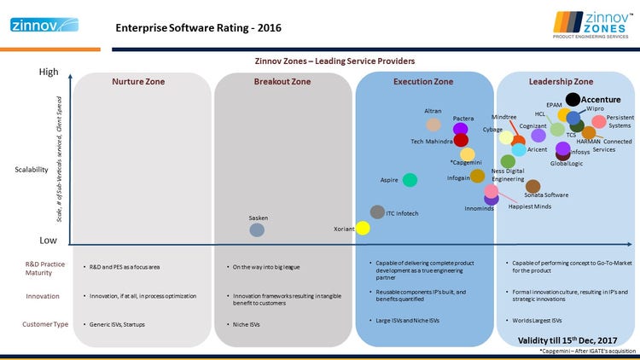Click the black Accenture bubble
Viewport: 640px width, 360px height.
pos(573,101)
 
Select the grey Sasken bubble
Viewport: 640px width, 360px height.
pos(257,229)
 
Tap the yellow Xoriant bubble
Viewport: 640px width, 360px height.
pos(363,228)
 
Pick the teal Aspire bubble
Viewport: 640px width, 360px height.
pos(410,179)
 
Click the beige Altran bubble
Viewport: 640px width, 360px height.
pos(433,124)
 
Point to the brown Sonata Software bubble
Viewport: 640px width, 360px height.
pos(532,185)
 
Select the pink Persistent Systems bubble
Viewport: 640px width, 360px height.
pos(599,122)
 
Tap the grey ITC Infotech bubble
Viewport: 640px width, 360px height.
pos(377,212)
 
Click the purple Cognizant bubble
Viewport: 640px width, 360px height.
pos(538,135)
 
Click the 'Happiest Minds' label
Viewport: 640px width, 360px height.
pos(528,206)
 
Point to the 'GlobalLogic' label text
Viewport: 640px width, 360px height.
pos(567,163)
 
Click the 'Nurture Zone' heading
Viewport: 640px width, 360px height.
pos(138,82)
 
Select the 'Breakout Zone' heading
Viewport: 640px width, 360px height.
pos(282,82)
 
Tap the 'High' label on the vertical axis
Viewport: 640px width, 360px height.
pos(49,73)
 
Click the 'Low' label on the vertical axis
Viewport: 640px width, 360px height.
pos(49,241)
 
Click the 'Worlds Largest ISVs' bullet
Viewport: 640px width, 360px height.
pos(536,321)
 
